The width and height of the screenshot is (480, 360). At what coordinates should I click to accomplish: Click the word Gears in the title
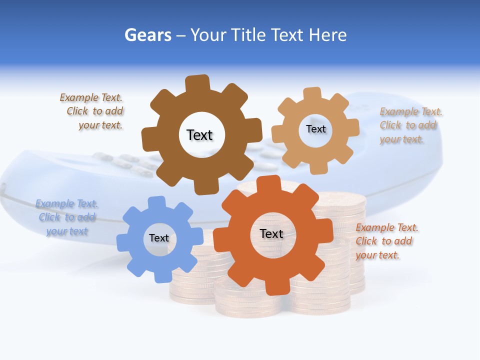(x=147, y=35)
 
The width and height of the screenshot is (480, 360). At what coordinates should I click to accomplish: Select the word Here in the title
(x=328, y=35)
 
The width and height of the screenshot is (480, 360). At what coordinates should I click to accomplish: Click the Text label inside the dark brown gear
(x=199, y=135)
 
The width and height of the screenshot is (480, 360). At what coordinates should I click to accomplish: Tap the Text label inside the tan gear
(x=315, y=129)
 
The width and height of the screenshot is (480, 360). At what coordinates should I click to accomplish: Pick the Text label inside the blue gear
(x=159, y=238)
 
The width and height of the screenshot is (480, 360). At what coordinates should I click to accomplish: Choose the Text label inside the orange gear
(x=271, y=233)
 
